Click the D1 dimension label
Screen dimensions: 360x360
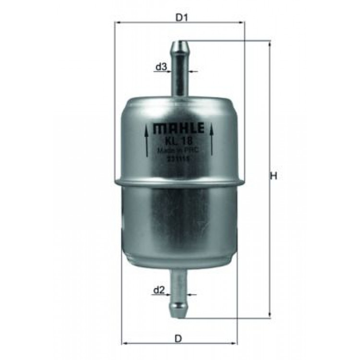click(x=180, y=18)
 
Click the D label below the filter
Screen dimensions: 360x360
click(x=179, y=339)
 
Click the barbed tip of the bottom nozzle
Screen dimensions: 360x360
click(x=180, y=307)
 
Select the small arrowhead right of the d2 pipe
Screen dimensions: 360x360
click(x=192, y=294)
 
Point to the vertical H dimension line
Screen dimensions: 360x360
click(x=269, y=120)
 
